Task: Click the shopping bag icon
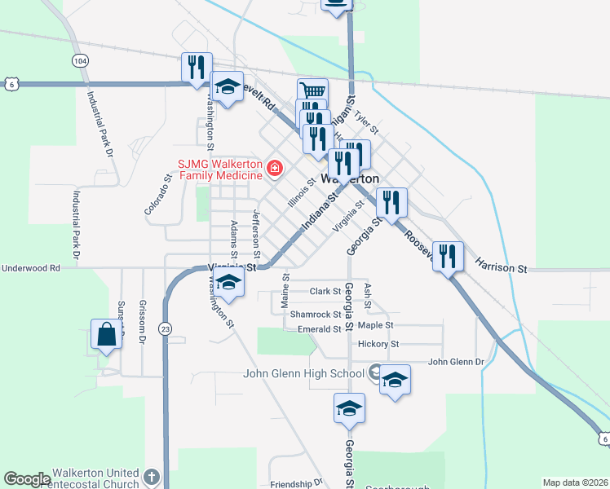(107, 334)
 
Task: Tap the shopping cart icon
(312, 92)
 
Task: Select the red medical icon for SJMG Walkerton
(275, 169)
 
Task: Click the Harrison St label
(502, 267)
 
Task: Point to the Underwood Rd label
(32, 267)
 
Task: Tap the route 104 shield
(79, 61)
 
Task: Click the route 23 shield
(166, 328)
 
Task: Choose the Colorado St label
(157, 196)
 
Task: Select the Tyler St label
(367, 125)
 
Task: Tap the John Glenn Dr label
(456, 362)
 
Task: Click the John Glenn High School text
(303, 374)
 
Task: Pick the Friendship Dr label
(296, 483)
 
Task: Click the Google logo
(27, 479)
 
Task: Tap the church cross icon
(150, 477)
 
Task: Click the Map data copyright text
(575, 482)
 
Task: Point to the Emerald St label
(318, 329)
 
